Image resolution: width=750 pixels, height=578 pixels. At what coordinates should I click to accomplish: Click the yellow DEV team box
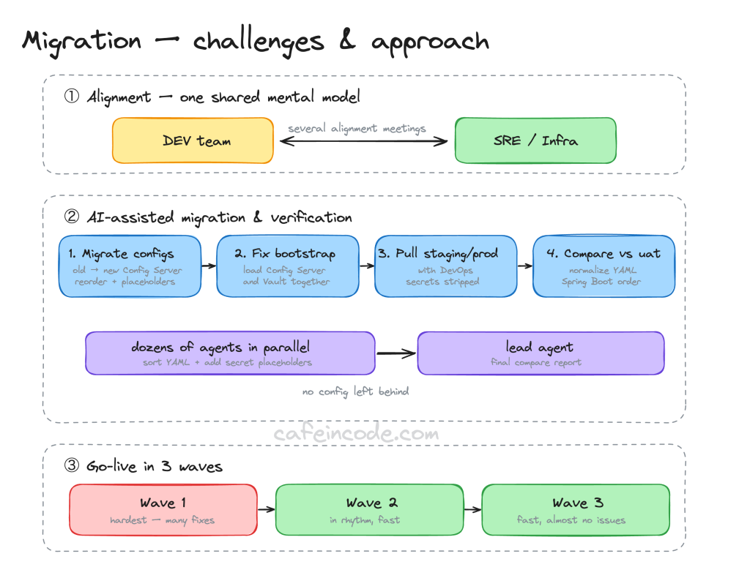click(x=193, y=140)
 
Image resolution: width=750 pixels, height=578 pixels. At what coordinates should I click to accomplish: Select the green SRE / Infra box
click(x=535, y=140)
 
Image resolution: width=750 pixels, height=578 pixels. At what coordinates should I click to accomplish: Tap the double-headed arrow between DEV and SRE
click(x=363, y=141)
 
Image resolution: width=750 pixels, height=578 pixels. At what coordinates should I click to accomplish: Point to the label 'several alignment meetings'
click(x=357, y=129)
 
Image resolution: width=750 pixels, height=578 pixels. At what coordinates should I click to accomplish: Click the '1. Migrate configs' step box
click(x=130, y=266)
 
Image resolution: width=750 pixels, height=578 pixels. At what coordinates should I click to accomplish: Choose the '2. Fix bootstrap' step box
click(x=287, y=266)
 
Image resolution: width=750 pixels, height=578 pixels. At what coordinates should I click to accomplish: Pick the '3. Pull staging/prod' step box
click(x=446, y=266)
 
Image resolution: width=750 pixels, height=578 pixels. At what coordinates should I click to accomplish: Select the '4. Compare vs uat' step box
click(x=604, y=266)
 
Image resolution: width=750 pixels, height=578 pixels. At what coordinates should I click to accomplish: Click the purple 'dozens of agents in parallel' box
click(x=230, y=353)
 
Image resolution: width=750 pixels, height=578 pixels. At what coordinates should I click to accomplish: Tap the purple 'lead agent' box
click(x=541, y=353)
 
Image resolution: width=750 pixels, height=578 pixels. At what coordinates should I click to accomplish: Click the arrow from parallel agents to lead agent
click(x=396, y=353)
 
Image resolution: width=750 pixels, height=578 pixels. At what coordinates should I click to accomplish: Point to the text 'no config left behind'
click(x=355, y=391)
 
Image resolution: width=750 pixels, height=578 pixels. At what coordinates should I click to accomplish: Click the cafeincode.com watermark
click(x=357, y=433)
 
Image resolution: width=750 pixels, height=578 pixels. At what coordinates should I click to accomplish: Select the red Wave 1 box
click(x=163, y=510)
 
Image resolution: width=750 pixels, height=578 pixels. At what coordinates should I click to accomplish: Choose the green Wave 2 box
click(x=370, y=510)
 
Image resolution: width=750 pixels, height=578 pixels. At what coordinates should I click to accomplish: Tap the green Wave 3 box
click(x=576, y=510)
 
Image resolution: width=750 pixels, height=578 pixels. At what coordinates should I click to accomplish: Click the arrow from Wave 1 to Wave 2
click(x=267, y=509)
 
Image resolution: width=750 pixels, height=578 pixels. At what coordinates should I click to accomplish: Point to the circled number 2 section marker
click(x=72, y=217)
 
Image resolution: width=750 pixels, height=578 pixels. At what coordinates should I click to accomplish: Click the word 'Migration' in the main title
click(x=82, y=42)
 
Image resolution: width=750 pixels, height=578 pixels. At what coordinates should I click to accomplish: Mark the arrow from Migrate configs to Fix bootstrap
click(x=209, y=266)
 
